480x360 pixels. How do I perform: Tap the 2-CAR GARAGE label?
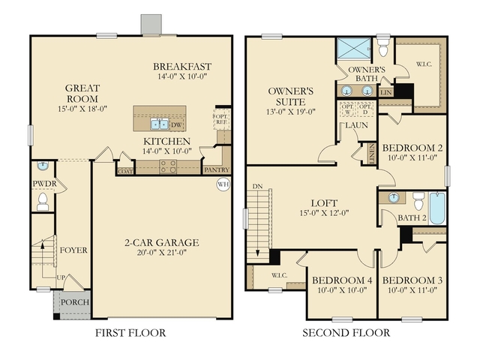coord(161,242)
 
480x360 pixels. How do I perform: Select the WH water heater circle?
coord(223,184)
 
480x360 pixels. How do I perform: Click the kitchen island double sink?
coord(160,124)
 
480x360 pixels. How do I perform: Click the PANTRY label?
coord(217,170)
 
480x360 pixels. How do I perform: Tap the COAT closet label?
coord(125,171)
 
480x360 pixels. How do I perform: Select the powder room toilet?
coord(43,200)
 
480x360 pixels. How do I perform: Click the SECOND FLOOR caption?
coord(346,332)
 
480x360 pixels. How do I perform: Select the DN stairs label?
coord(257,185)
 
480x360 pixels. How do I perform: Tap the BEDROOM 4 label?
coord(337,280)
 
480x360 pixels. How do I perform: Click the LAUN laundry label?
coord(355,126)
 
